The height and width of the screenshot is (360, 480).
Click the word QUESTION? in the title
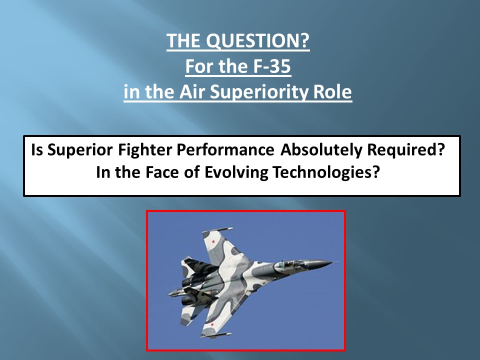(258, 40)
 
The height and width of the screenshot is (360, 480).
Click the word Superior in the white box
(80, 150)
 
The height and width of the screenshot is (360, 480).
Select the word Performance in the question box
(225, 150)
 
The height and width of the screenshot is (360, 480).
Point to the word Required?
(405, 150)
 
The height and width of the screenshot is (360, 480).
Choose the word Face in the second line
(162, 172)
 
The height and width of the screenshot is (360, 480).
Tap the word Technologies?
(326, 172)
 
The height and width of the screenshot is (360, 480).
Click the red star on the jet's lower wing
(212, 324)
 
